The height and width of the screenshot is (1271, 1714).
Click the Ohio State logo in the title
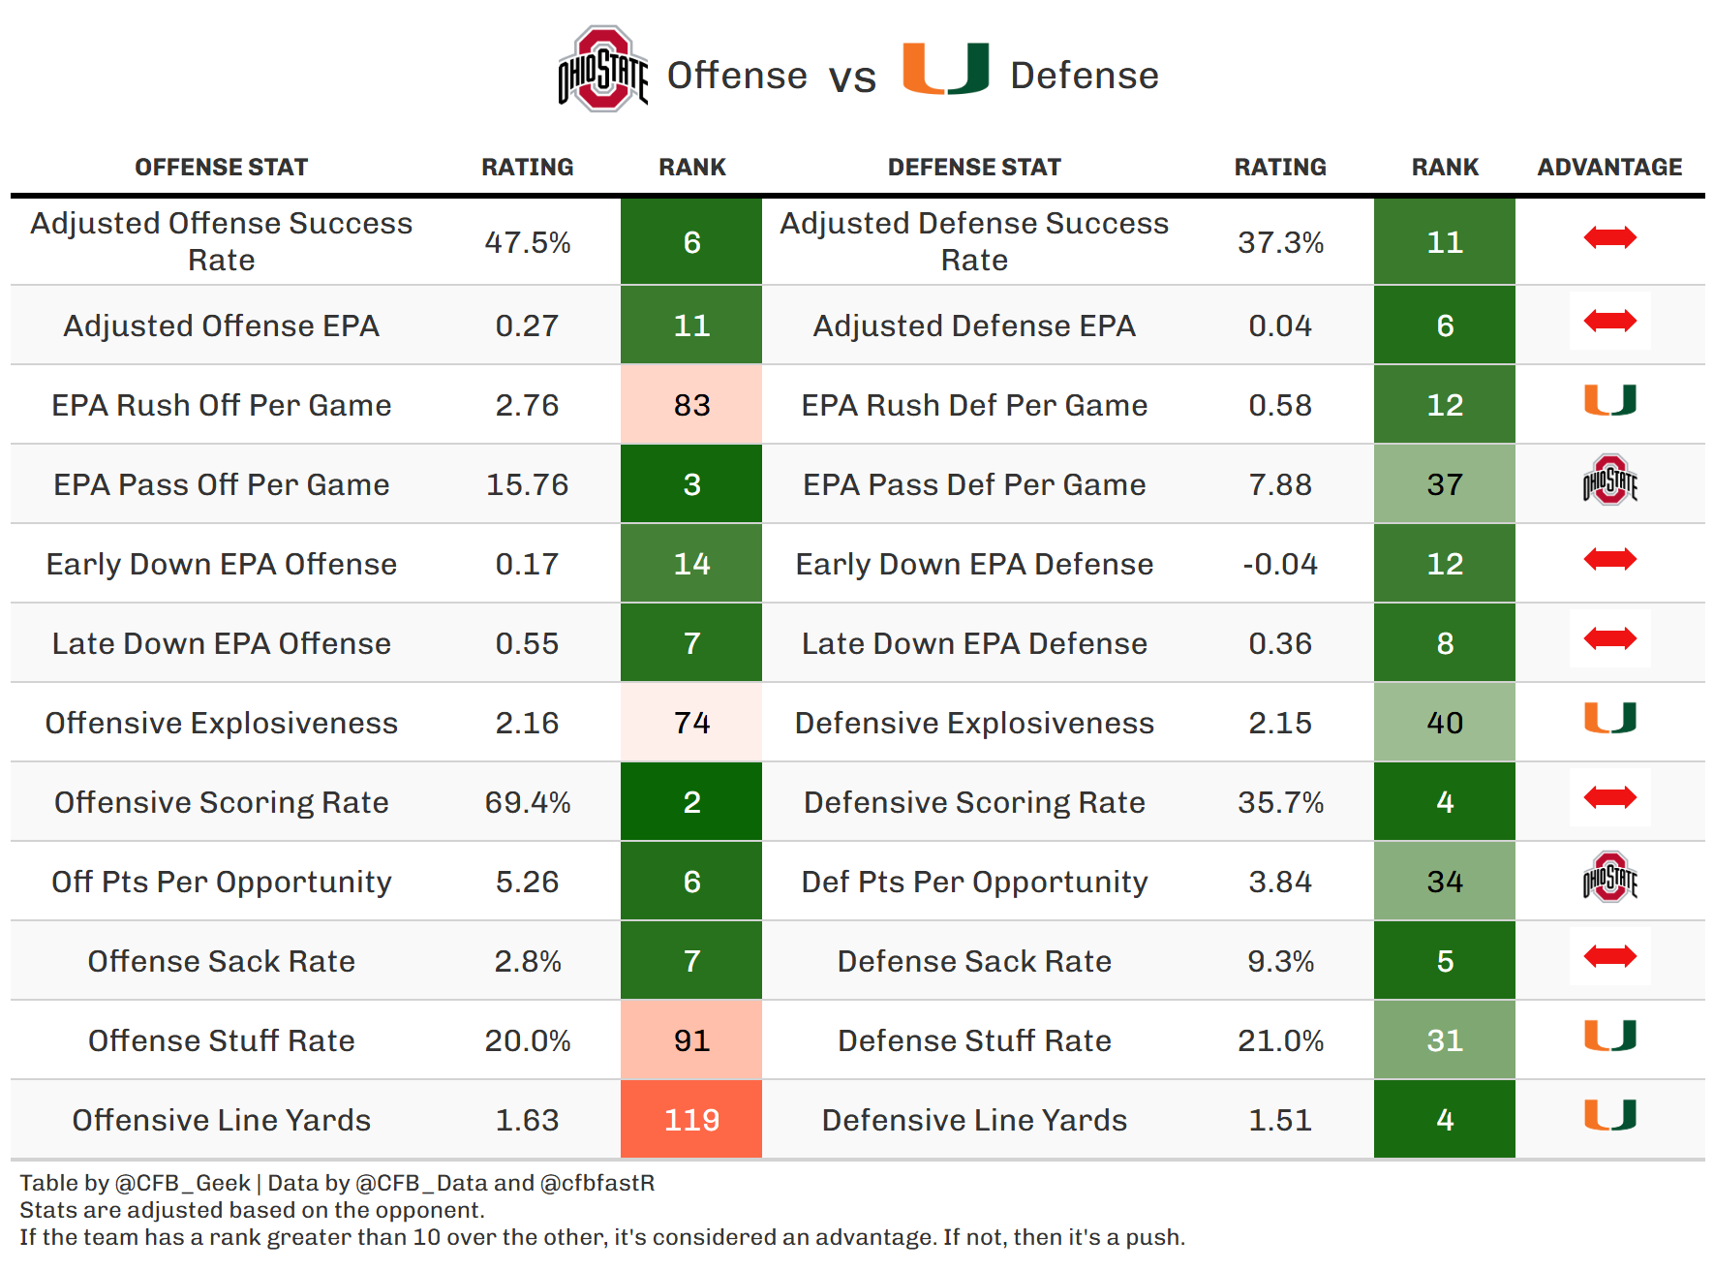click(602, 70)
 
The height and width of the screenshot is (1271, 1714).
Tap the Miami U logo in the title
click(945, 69)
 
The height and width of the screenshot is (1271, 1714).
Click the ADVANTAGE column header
click(1609, 168)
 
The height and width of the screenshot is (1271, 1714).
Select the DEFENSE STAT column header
click(974, 168)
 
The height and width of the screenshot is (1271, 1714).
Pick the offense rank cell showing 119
click(691, 1120)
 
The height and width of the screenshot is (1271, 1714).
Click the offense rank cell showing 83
click(691, 405)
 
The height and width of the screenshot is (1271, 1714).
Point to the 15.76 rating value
click(527, 484)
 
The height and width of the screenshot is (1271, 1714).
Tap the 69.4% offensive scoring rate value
click(527, 802)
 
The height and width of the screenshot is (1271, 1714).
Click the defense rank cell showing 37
click(1444, 484)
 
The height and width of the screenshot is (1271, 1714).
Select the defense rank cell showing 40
click(1444, 723)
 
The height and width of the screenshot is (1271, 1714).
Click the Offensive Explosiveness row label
click(221, 723)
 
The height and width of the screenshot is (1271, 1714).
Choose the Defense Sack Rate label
click(974, 961)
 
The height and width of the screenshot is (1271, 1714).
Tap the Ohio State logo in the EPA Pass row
click(1609, 480)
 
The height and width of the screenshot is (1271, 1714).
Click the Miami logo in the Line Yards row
click(1609, 1115)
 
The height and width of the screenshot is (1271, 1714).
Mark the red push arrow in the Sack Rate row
click(1609, 957)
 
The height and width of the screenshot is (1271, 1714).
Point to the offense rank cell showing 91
click(691, 1040)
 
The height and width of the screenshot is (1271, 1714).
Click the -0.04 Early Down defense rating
click(1279, 564)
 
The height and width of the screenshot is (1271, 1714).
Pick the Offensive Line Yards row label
click(221, 1120)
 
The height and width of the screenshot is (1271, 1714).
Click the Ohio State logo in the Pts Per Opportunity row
click(1609, 878)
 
